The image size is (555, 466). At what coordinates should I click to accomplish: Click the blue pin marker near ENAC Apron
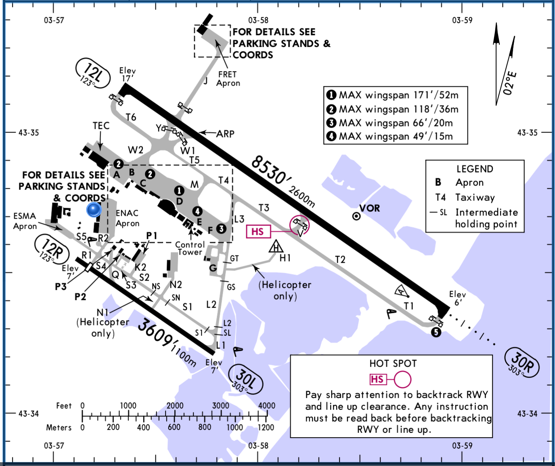pyautogui.click(x=94, y=209)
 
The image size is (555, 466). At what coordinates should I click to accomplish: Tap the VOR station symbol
pyautogui.click(x=356, y=216)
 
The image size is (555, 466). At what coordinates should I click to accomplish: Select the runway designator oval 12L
pyautogui.click(x=93, y=73)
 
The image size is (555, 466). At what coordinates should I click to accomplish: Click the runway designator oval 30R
pyautogui.click(x=522, y=362)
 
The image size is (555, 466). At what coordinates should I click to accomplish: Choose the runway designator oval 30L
pyautogui.click(x=246, y=380)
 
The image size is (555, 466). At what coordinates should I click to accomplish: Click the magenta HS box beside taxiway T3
pyautogui.click(x=258, y=232)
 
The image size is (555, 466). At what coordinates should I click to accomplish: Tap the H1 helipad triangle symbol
pyautogui.click(x=276, y=246)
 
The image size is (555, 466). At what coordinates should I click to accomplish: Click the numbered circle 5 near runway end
pyautogui.click(x=436, y=332)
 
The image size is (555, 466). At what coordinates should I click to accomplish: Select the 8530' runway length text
pyautogui.click(x=269, y=170)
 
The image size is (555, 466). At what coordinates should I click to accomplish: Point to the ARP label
pyautogui.click(x=225, y=134)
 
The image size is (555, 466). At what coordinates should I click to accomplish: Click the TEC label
pyautogui.click(x=101, y=126)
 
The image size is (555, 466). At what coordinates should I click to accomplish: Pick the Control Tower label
pyautogui.click(x=190, y=248)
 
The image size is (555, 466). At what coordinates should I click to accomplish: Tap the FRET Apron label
pyautogui.click(x=228, y=79)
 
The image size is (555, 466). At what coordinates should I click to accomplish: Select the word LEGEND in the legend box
pyautogui.click(x=475, y=169)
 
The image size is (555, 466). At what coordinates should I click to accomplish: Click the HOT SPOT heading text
pyautogui.click(x=393, y=363)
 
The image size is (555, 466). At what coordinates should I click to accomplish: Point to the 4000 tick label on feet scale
pyautogui.click(x=266, y=405)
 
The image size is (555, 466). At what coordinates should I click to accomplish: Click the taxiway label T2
pyautogui.click(x=340, y=259)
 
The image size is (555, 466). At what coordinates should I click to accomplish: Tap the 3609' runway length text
pyautogui.click(x=155, y=332)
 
